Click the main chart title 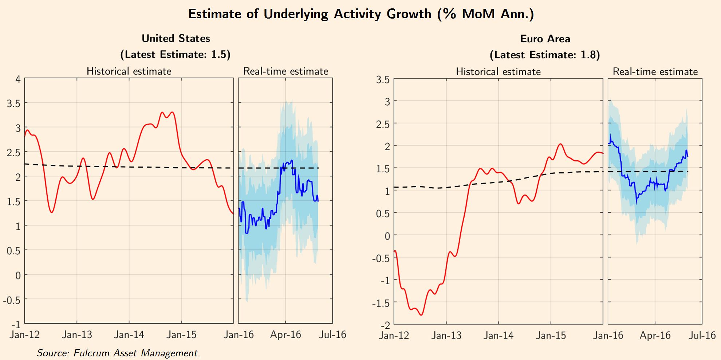(360, 14)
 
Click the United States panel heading (176, 38)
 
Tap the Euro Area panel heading (545, 39)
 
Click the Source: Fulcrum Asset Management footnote (118, 353)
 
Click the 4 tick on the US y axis (17, 79)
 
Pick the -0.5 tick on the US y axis (12, 300)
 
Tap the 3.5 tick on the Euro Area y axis (383, 79)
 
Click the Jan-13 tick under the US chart (77, 334)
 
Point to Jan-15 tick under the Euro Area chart (551, 335)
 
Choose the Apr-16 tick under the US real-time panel (285, 334)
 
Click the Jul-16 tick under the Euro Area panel (702, 335)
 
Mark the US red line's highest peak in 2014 (172, 112)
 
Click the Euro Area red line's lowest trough (421, 315)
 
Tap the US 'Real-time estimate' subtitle (285, 71)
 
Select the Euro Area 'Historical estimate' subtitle (498, 71)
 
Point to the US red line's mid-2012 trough (52, 212)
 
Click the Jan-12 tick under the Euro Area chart (394, 335)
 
